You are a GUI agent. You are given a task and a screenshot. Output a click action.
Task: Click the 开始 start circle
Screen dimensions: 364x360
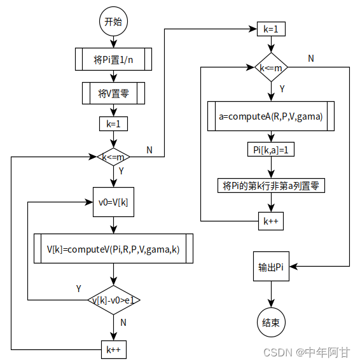113,21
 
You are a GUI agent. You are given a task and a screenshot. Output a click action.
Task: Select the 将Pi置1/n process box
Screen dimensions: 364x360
113,59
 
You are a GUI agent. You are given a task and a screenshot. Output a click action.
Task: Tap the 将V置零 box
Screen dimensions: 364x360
113,93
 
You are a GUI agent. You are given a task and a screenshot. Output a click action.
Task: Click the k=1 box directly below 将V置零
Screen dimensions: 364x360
113,124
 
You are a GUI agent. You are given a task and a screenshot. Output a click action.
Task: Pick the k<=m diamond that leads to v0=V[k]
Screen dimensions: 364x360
113,157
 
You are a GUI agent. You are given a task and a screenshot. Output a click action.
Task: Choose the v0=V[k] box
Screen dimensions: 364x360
113,202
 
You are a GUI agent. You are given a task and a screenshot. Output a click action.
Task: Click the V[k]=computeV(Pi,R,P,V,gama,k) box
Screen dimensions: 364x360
113,249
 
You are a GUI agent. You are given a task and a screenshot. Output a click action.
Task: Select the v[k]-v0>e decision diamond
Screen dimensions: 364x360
113,299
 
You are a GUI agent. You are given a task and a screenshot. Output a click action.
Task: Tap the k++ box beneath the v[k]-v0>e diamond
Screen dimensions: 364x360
113,349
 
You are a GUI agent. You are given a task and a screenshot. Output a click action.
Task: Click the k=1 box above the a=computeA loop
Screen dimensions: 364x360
272,29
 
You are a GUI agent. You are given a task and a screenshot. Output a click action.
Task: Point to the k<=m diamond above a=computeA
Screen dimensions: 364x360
272,67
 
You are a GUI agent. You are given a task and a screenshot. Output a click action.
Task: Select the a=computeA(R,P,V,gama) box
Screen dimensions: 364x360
272,116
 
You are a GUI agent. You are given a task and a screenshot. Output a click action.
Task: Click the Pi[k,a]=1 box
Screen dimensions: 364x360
272,150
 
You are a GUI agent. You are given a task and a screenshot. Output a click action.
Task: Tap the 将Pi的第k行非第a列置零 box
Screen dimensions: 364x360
272,186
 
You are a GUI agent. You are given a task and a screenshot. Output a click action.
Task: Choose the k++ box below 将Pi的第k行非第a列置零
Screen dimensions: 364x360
272,221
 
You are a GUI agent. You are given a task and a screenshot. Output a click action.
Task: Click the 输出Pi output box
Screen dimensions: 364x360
272,267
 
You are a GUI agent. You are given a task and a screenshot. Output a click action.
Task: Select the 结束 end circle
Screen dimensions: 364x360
272,322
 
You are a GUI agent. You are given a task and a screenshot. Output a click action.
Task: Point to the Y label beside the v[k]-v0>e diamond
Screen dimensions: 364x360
79,288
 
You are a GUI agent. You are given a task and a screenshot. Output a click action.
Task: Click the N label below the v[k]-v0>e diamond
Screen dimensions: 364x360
123,323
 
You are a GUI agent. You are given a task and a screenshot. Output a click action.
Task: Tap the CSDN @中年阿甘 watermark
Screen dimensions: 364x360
314,352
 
